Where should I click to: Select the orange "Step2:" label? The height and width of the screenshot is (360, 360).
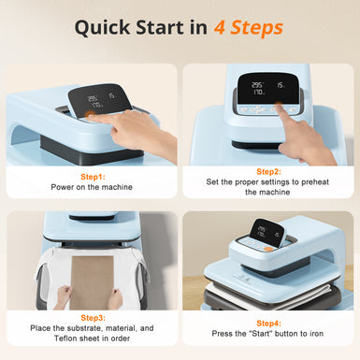pos(268,171)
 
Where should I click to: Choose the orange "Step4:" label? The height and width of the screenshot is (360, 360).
pos(268,318)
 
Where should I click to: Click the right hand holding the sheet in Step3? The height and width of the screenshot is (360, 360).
pos(116,297)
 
